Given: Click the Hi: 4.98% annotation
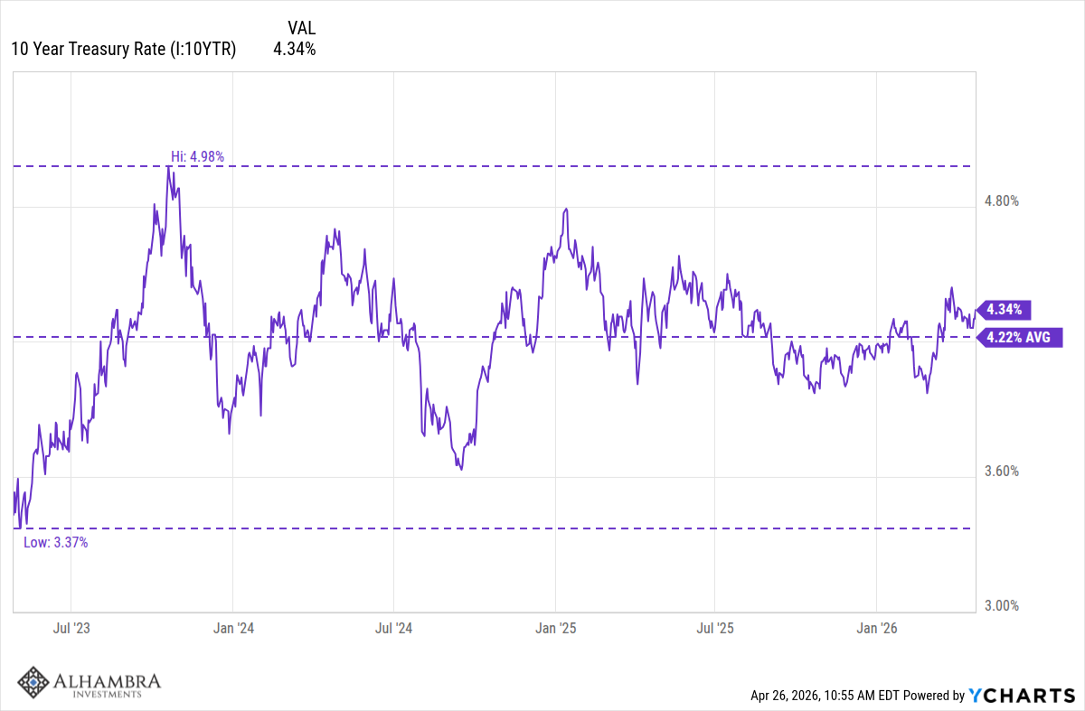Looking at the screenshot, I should click(x=197, y=156).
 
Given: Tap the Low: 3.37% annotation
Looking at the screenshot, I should click(x=55, y=542).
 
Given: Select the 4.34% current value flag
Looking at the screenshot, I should click(x=1004, y=310).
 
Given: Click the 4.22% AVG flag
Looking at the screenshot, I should click(x=1017, y=338).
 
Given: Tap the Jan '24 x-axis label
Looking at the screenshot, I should click(x=232, y=627).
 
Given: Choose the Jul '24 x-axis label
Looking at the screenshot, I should click(x=393, y=627).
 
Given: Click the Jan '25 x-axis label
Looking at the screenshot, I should click(x=555, y=627).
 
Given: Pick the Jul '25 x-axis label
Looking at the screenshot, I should click(x=715, y=627).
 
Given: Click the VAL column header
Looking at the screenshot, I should click(x=300, y=28).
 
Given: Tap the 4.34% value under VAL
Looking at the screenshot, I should click(x=295, y=50).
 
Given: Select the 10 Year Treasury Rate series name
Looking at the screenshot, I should click(x=123, y=50).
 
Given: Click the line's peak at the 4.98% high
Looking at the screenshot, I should click(x=169, y=167).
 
